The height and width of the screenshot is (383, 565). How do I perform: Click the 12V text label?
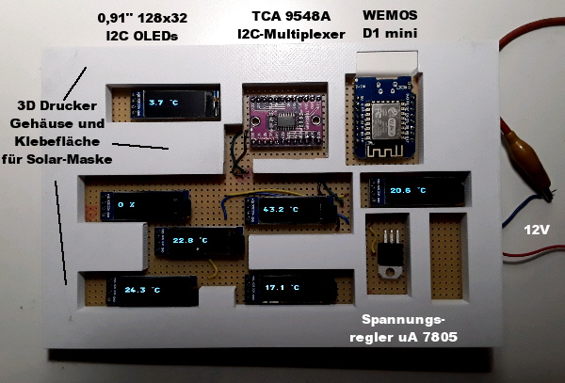tap(537, 229)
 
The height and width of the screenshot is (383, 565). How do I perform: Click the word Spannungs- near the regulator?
tap(402, 320)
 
